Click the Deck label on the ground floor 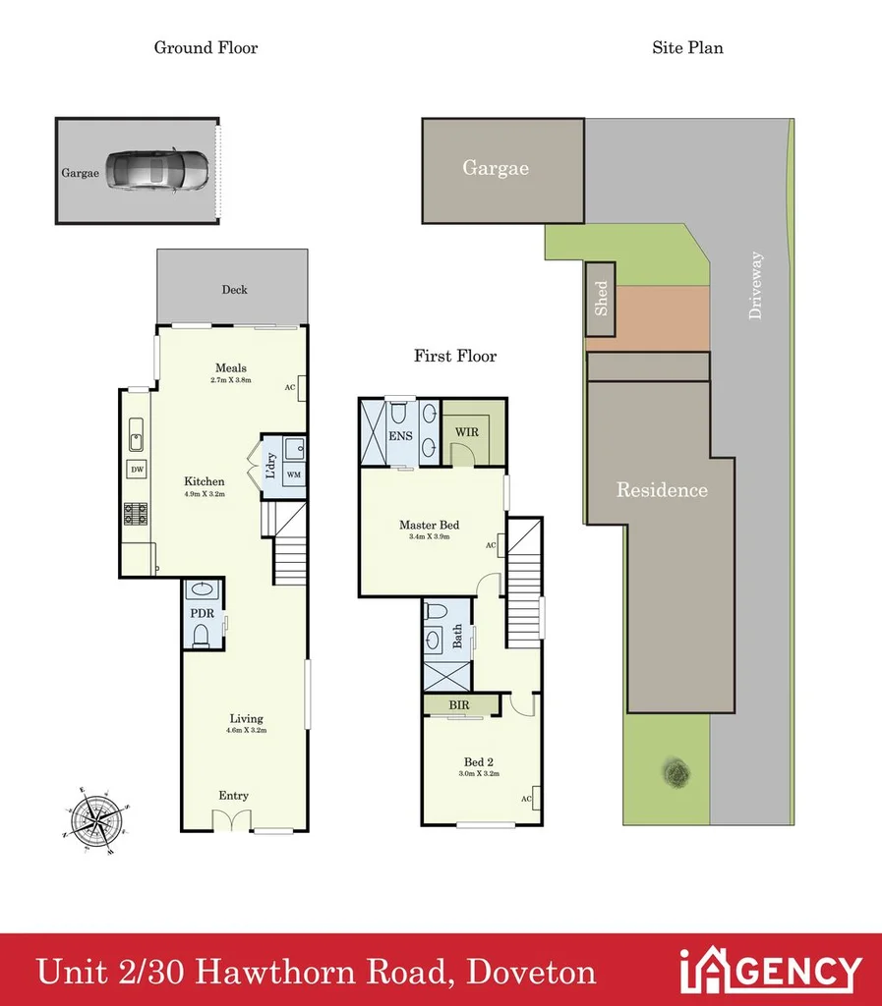[234, 290]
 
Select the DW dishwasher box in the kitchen [138, 470]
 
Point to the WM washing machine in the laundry [293, 475]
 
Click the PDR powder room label [202, 614]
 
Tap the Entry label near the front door [233, 796]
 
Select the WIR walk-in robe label [466, 429]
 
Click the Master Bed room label [430, 525]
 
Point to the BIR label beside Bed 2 [458, 704]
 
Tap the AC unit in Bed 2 [535, 798]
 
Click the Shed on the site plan [601, 298]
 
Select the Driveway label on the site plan [755, 285]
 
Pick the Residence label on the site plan [661, 489]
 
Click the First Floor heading [455, 356]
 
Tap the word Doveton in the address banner [531, 972]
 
